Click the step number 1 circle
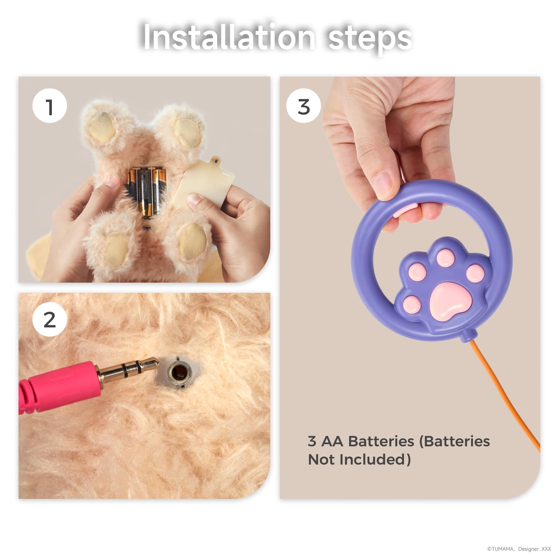[x=50, y=106]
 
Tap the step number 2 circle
[x=50, y=319]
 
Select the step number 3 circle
[x=304, y=106]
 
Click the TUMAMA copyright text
[x=501, y=549]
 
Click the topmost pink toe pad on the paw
[x=444, y=258]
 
